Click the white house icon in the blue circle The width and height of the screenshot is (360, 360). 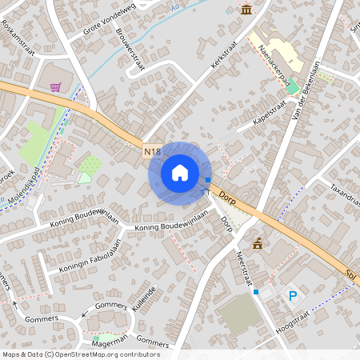tap(179, 172)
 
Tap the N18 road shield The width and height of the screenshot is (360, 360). tap(154, 150)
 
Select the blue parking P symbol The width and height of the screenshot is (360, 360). tap(293, 296)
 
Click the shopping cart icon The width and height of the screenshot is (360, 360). tap(55, 87)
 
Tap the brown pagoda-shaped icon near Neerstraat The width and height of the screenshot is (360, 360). tap(258, 243)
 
